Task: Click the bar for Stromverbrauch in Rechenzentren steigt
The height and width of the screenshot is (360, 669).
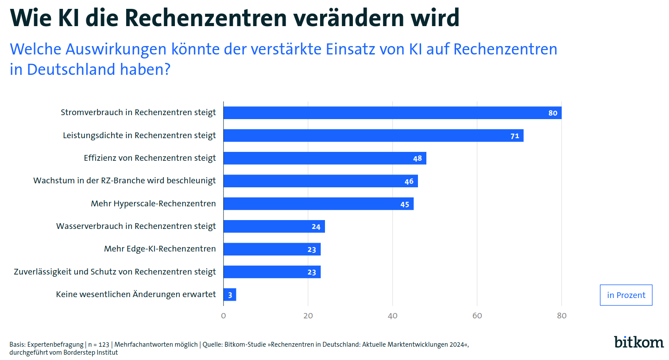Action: (x=392, y=113)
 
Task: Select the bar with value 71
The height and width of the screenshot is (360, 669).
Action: (x=373, y=135)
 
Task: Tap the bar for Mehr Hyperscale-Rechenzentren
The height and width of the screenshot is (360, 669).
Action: (x=318, y=204)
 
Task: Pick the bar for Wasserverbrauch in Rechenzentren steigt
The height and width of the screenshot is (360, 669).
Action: (x=274, y=226)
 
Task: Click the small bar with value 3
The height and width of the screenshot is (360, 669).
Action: (x=230, y=294)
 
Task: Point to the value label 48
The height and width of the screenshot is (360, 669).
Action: (x=418, y=159)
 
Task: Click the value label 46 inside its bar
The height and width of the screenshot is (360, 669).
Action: (x=409, y=181)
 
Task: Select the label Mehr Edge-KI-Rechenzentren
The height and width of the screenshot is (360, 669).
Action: (x=160, y=249)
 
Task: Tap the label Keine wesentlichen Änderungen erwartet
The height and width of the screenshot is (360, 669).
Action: (x=136, y=294)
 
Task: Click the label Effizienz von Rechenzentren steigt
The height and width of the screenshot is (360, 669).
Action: (x=150, y=158)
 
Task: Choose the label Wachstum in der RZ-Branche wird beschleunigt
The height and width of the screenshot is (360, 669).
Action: (x=124, y=181)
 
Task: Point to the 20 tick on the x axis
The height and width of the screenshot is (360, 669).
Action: (x=308, y=316)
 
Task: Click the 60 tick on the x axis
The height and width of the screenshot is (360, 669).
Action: (x=477, y=316)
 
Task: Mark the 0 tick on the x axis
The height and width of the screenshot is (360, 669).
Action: (x=224, y=316)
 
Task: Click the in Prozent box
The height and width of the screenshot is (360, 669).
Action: (x=626, y=295)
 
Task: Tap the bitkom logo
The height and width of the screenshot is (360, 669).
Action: (x=638, y=342)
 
